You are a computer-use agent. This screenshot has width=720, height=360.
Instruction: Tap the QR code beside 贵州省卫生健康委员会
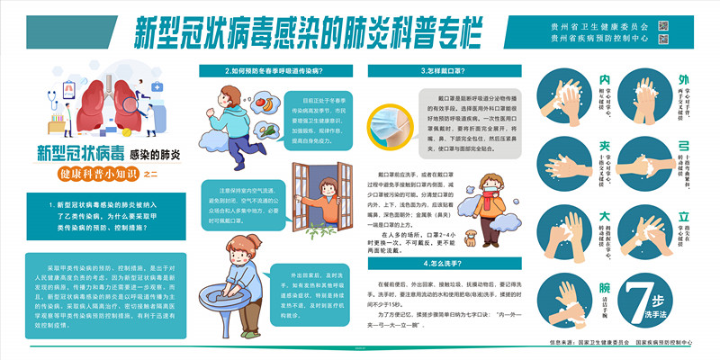pyautogui.click(x=664, y=24)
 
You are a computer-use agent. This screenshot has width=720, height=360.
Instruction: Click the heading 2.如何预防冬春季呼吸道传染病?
pyautogui.click(x=274, y=70)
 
